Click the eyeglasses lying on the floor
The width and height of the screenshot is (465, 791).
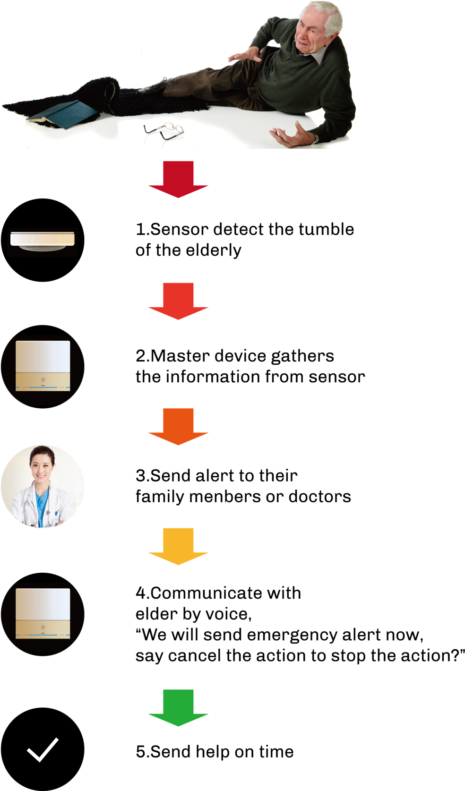[164, 131]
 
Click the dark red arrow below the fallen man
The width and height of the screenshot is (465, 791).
[178, 180]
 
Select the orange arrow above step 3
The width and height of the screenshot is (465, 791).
[178, 427]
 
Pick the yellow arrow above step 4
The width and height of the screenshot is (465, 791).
[178, 546]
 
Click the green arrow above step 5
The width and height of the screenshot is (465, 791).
[178, 708]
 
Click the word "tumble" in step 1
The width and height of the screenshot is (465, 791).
[326, 229]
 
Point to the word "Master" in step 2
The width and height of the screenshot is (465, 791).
[180, 356]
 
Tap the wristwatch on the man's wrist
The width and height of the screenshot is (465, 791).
[314, 137]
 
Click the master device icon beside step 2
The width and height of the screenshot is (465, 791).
[43, 366]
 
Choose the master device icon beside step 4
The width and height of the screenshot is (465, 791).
[43, 613]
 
